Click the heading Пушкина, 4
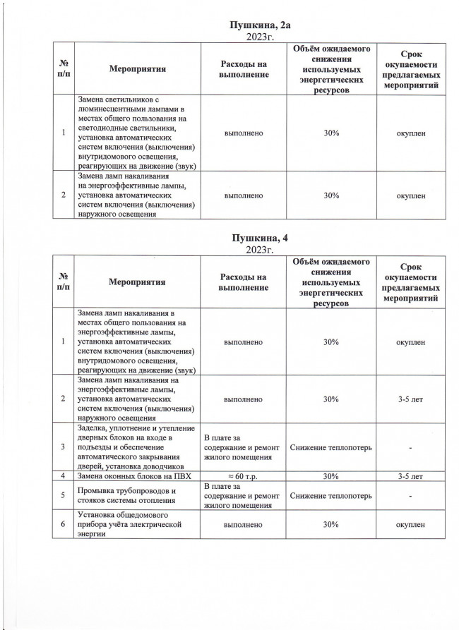(x=259, y=238)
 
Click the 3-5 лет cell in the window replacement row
(x=410, y=477)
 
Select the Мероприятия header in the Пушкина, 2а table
(x=137, y=69)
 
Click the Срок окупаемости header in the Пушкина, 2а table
(x=410, y=69)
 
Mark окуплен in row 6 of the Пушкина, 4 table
(x=410, y=525)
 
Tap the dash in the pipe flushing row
(x=410, y=495)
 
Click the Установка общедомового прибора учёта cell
(x=133, y=525)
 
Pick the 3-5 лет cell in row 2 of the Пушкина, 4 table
(x=410, y=399)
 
